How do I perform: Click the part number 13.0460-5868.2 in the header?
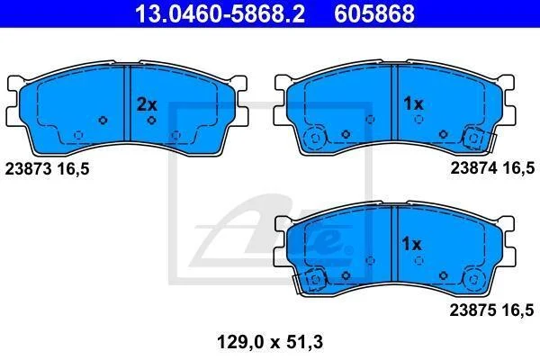220,13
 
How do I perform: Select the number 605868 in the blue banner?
374,13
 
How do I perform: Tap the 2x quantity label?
147,104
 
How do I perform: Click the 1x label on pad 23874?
413,103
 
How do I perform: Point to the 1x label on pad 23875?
412,244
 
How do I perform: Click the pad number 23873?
28,169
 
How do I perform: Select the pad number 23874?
474,168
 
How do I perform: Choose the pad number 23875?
472,310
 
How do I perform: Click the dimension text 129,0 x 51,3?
270,342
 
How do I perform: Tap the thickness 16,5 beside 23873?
74,169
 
